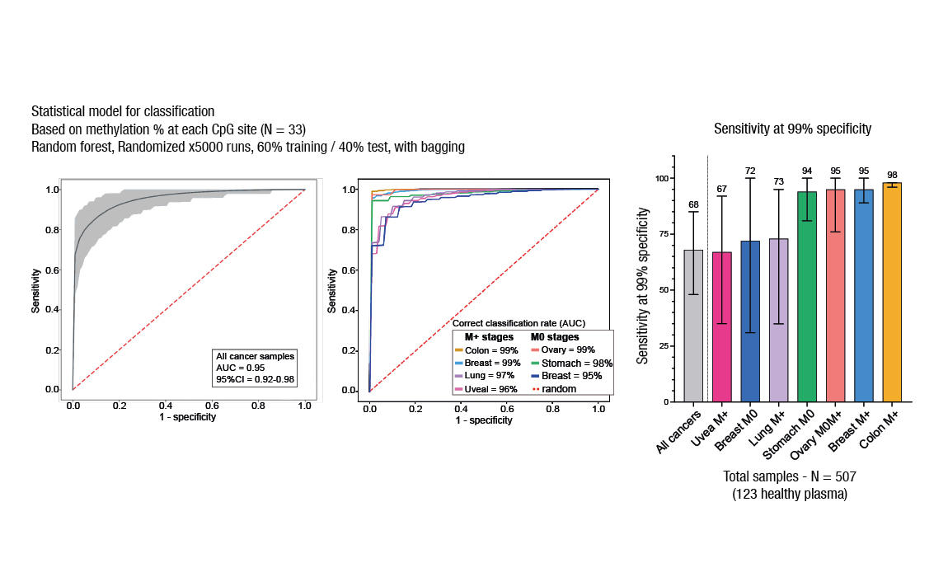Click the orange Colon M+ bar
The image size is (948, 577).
pyautogui.click(x=892, y=293)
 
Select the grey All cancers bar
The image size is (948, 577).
pyautogui.click(x=694, y=326)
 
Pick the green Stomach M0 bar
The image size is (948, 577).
pyautogui.click(x=807, y=297)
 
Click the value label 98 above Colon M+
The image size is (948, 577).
pyautogui.click(x=892, y=175)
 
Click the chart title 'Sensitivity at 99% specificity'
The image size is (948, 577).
pyautogui.click(x=792, y=129)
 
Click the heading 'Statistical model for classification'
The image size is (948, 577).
pyautogui.click(x=123, y=111)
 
